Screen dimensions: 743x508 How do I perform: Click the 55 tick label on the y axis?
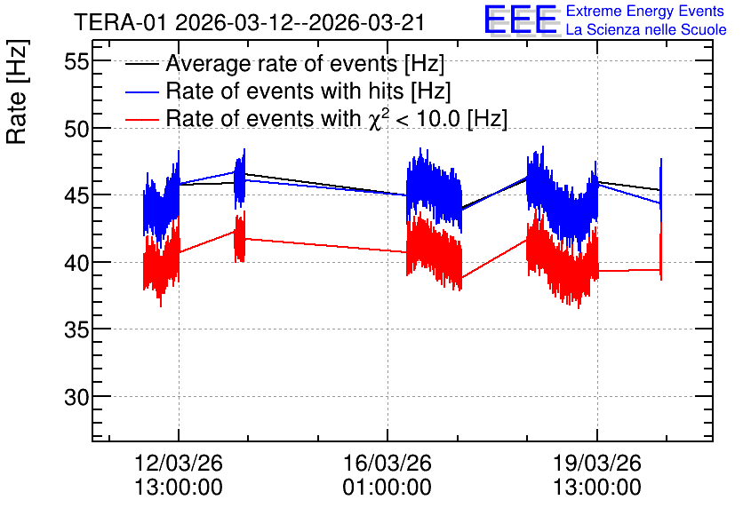(x=76, y=61)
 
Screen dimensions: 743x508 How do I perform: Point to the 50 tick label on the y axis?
(x=76, y=129)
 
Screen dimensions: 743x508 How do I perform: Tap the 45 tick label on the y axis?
(x=76, y=195)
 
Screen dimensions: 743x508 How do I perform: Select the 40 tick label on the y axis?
(x=76, y=263)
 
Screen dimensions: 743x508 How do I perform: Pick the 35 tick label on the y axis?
(x=76, y=329)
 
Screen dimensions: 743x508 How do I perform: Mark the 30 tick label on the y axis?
(x=76, y=397)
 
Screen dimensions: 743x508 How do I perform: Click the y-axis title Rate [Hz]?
(x=17, y=91)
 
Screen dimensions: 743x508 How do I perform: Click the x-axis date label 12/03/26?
(x=179, y=463)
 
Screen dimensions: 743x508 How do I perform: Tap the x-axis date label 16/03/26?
(x=387, y=463)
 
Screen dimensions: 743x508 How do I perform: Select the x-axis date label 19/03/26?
(x=597, y=463)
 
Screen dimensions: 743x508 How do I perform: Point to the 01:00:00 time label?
(x=387, y=488)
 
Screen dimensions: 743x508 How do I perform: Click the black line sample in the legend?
(x=141, y=64)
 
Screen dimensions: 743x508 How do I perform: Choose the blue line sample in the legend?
(x=141, y=91)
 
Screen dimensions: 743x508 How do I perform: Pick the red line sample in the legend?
(x=141, y=119)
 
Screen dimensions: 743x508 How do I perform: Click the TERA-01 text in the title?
(x=120, y=23)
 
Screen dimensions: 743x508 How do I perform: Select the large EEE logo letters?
(x=521, y=20)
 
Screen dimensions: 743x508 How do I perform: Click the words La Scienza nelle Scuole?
(x=646, y=29)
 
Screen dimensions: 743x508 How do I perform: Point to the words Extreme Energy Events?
(x=645, y=11)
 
